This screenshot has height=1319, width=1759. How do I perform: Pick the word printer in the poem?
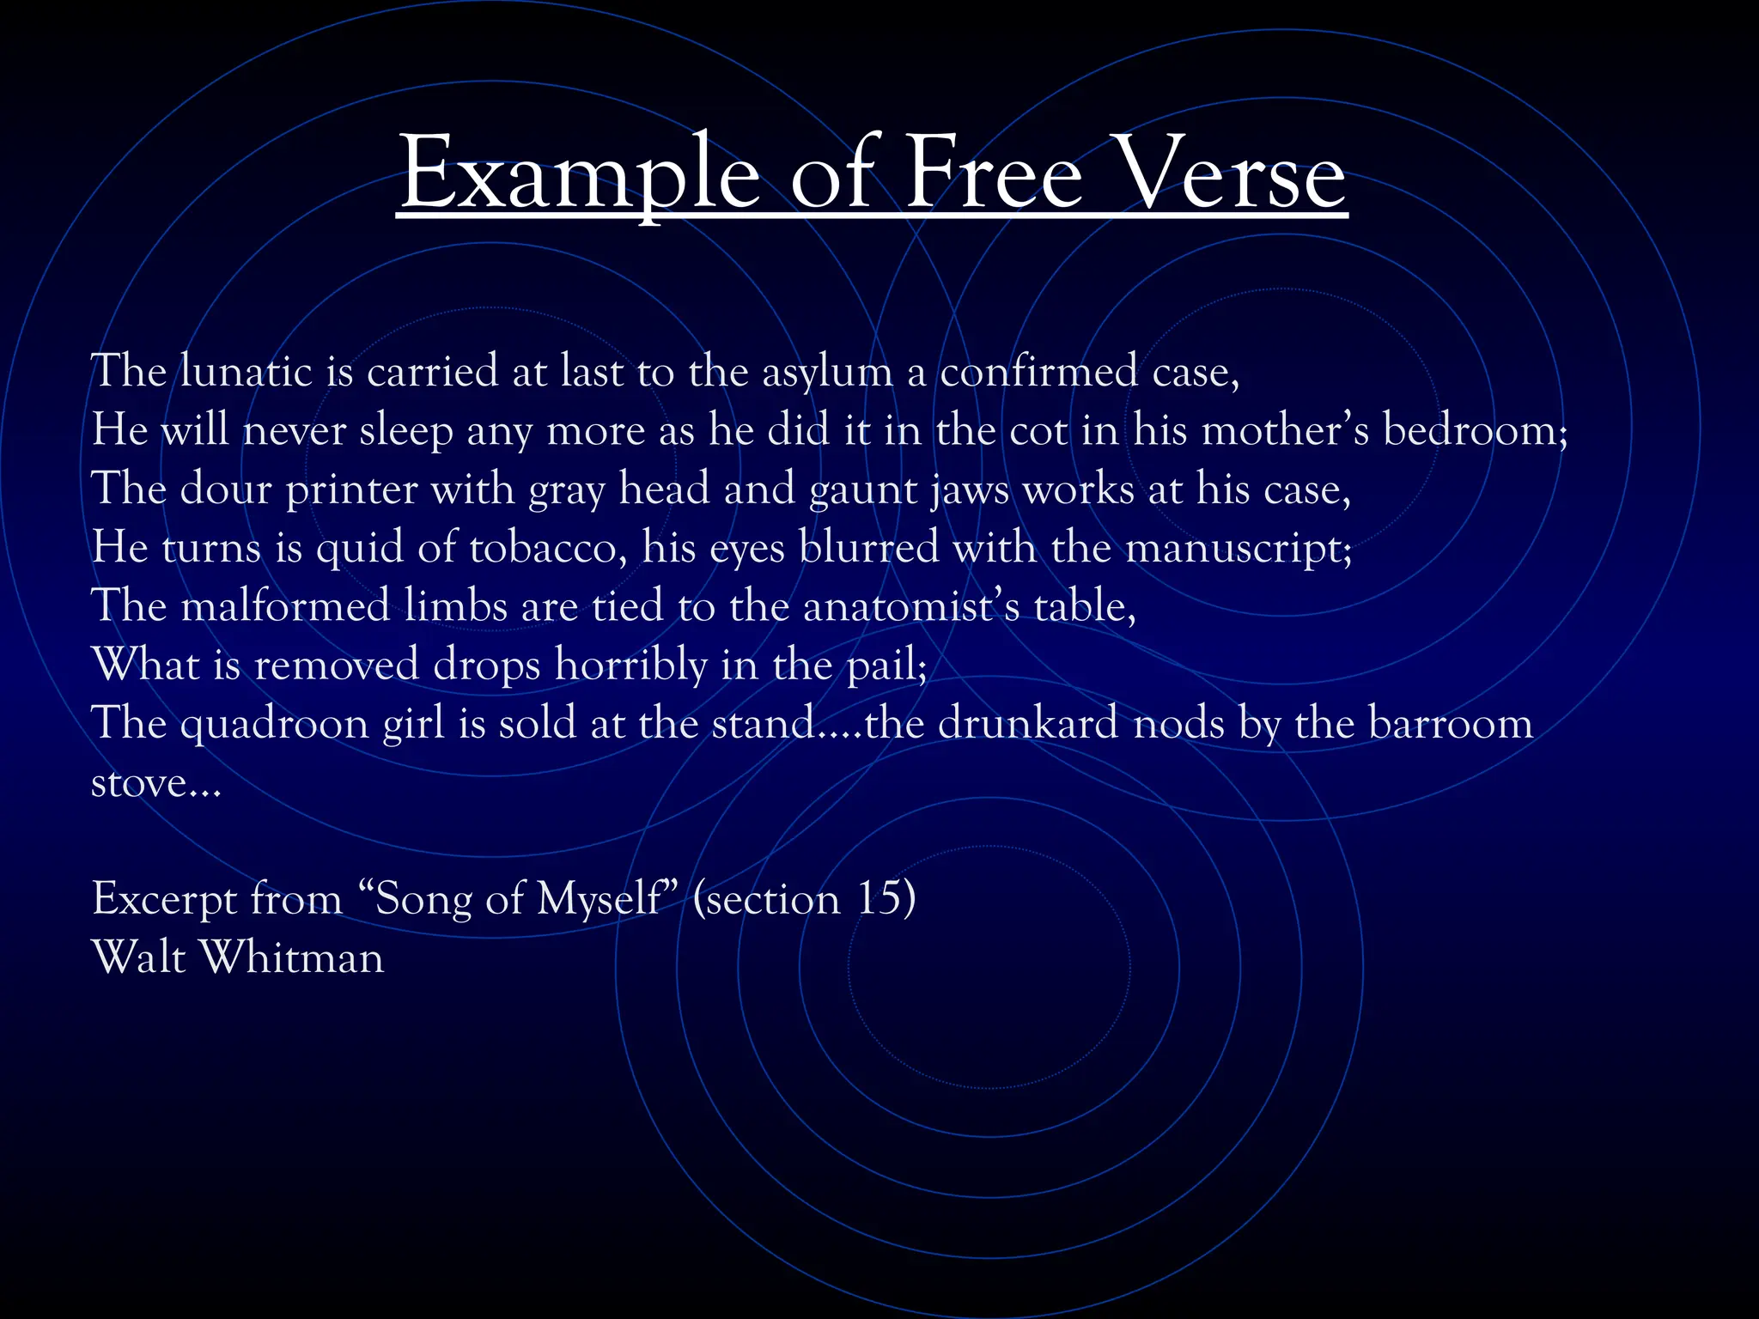(x=351, y=490)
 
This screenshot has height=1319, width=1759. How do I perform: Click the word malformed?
(x=285, y=606)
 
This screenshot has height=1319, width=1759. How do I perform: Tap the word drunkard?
(x=1027, y=724)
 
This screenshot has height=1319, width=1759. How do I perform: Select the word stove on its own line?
(x=139, y=783)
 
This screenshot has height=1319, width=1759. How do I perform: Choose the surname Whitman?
(x=292, y=957)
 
